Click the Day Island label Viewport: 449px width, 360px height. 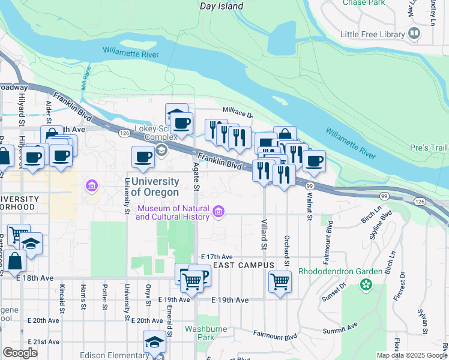pyautogui.click(x=221, y=7)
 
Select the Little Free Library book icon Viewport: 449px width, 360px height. pyautogui.click(x=414, y=34)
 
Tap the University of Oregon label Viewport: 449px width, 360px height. pyautogui.click(x=154, y=187)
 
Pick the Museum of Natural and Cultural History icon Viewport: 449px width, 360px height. pyautogui.click(x=218, y=211)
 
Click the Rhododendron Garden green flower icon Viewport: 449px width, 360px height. pyautogui.click(x=366, y=284)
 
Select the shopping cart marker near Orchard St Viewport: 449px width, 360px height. pyautogui.click(x=280, y=281)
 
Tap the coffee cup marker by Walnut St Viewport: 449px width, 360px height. pyautogui.click(x=314, y=161)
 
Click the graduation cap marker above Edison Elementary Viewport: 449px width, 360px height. pyautogui.click(x=154, y=342)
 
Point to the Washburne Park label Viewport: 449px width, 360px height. pyautogui.click(x=207, y=333)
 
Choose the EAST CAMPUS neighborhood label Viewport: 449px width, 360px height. pyautogui.click(x=244, y=265)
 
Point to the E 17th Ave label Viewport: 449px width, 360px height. pyautogui.click(x=216, y=256)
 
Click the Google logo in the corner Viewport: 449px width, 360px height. pyautogui.click(x=20, y=353)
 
